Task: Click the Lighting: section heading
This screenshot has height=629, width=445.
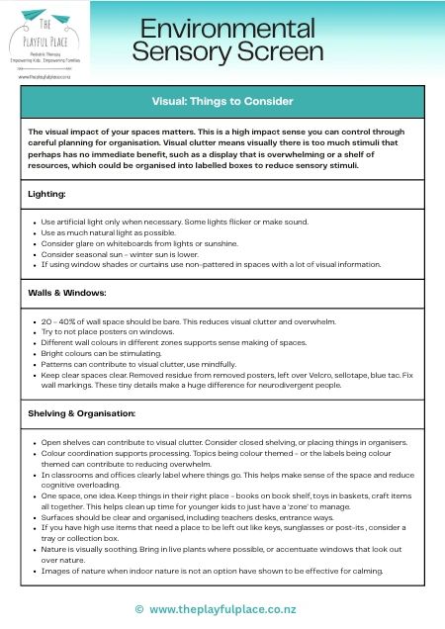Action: [46, 195]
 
